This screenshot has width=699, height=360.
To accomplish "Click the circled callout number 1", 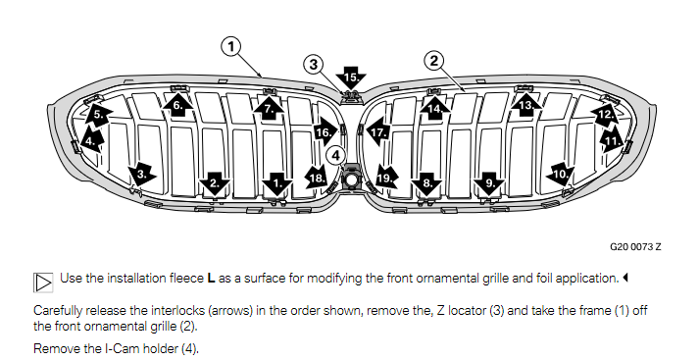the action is (x=231, y=46).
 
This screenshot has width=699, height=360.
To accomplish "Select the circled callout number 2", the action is (x=434, y=60).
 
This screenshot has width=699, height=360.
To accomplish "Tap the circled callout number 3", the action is (x=314, y=64).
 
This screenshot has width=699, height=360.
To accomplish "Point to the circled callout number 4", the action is (x=335, y=156).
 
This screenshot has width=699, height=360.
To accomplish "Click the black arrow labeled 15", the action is (x=351, y=78).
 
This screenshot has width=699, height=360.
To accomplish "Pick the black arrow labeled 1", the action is (x=276, y=183).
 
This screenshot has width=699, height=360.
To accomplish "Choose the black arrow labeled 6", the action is (x=177, y=106).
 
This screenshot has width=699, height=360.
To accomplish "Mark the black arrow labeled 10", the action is (x=560, y=175).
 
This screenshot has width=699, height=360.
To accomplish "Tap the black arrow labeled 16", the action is (x=325, y=132).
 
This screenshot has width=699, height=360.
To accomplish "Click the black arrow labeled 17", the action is (x=377, y=132).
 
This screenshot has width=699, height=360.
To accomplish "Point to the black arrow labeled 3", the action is (x=142, y=174).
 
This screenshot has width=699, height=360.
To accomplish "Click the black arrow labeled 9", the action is (x=489, y=183).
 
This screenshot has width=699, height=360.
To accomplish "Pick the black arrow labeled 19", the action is (x=385, y=179).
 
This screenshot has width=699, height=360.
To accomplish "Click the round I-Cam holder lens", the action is (x=352, y=180).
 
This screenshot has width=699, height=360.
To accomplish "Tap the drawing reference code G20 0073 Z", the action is (x=635, y=246).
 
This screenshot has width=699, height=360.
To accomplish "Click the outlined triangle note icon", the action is (x=43, y=283).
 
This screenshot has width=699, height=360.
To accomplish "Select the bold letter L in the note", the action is (x=212, y=279).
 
